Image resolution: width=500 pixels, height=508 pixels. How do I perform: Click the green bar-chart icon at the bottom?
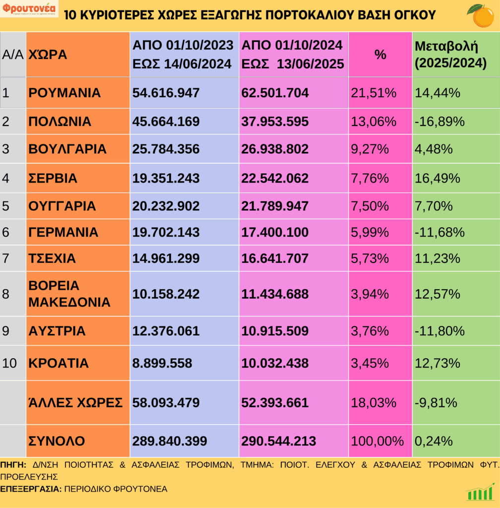[x=480, y=492]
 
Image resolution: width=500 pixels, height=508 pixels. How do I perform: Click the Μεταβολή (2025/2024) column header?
[x=450, y=55]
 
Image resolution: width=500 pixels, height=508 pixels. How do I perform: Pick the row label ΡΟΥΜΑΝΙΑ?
[x=65, y=93]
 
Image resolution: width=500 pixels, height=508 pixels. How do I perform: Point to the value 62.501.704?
[x=275, y=93]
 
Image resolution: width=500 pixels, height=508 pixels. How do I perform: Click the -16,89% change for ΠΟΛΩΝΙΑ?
[x=440, y=122]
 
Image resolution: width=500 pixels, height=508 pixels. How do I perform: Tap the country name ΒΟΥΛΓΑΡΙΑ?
[x=68, y=149]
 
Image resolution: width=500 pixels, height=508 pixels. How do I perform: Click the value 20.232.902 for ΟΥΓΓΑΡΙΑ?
[x=166, y=206]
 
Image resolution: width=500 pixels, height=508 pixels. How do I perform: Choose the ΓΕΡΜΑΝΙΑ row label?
[x=63, y=232]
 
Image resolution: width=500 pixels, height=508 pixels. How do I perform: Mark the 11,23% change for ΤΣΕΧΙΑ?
[x=437, y=258]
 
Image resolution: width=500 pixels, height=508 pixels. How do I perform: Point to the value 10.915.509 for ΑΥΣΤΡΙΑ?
[x=275, y=331]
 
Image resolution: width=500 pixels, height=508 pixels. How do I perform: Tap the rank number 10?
[x=9, y=363]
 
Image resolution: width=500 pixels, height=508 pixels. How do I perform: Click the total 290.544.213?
[x=279, y=441]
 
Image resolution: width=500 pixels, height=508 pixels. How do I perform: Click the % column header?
[x=380, y=55]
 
